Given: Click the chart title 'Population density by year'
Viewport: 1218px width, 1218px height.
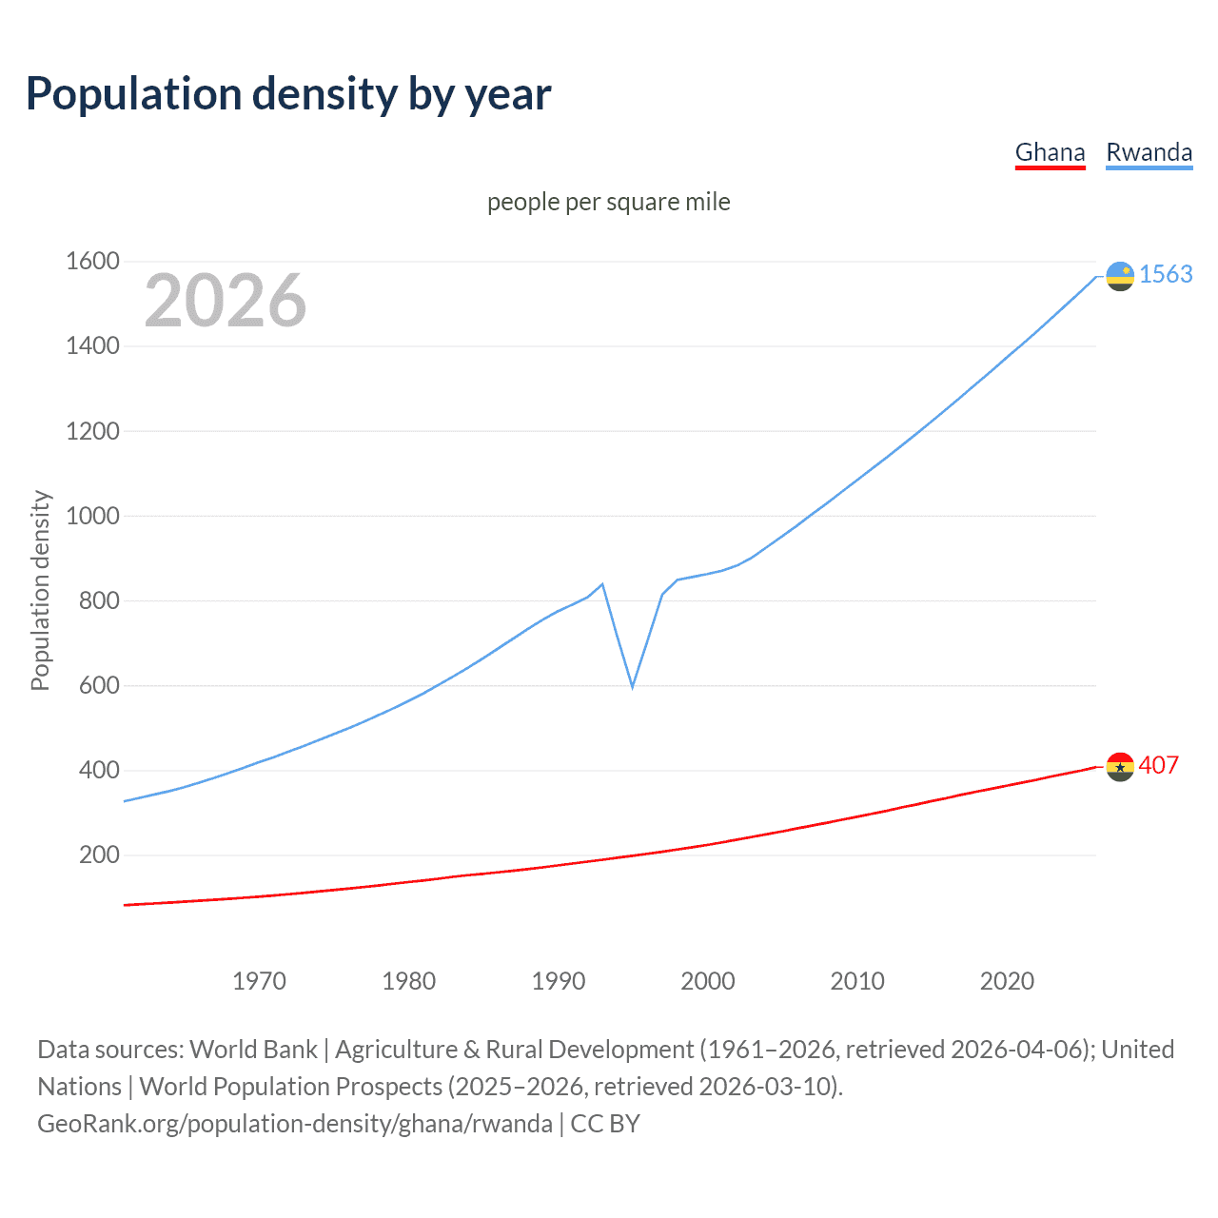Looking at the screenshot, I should pyautogui.click(x=288, y=94).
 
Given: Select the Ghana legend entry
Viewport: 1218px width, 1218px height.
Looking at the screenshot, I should pyautogui.click(x=1050, y=152).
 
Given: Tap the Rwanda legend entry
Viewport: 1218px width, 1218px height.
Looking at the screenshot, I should pyautogui.click(x=1149, y=152).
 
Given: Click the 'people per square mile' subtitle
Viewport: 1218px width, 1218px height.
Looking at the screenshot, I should pyautogui.click(x=608, y=202).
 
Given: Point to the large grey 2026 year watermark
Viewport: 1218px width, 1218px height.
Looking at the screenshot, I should pyautogui.click(x=226, y=301).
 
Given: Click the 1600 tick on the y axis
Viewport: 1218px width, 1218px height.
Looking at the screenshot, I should pyautogui.click(x=92, y=261).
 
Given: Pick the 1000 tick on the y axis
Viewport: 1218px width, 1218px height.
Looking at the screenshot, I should pyautogui.click(x=92, y=516).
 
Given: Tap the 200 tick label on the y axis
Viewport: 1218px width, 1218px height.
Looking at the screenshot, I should pyautogui.click(x=99, y=855).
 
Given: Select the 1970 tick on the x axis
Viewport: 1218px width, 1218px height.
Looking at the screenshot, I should pyautogui.click(x=259, y=981).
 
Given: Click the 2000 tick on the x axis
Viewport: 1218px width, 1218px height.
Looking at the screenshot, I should pyautogui.click(x=708, y=981).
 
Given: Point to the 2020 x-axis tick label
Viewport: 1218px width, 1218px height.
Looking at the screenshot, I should pyautogui.click(x=1007, y=981).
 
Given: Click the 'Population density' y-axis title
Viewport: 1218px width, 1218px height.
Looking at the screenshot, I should pyautogui.click(x=40, y=590).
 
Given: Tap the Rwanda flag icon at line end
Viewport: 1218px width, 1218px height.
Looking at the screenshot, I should pyautogui.click(x=1120, y=276).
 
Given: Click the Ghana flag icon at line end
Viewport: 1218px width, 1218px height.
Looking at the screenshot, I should pyautogui.click(x=1120, y=767).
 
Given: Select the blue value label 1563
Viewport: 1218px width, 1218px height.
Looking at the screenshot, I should pyautogui.click(x=1166, y=274).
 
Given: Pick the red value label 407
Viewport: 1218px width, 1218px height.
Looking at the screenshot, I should pyautogui.click(x=1158, y=765).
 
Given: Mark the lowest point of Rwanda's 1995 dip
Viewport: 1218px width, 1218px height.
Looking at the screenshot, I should pyautogui.click(x=632, y=686).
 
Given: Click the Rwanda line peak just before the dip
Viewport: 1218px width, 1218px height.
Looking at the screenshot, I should pyautogui.click(x=602, y=584).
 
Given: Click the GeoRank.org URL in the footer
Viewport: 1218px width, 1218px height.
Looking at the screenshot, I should pyautogui.click(x=295, y=1123).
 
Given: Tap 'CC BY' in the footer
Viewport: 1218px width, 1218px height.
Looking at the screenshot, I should pyautogui.click(x=605, y=1123).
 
